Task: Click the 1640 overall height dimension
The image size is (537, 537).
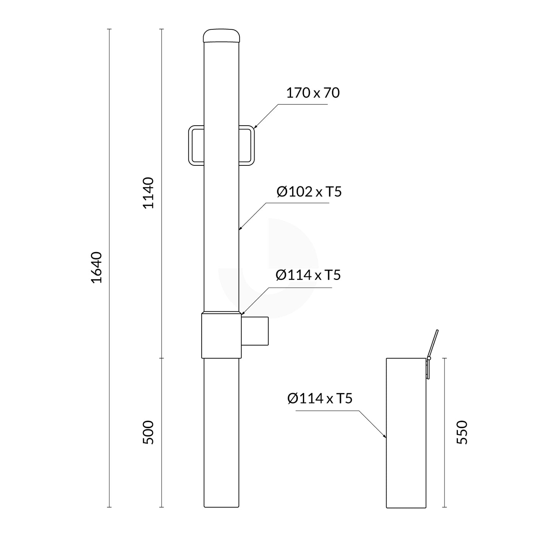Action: (x=97, y=267)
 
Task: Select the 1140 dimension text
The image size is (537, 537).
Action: (x=148, y=193)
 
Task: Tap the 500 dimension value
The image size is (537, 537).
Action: (x=148, y=432)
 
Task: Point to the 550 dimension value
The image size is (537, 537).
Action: (x=462, y=432)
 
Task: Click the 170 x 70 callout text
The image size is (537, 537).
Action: (x=312, y=93)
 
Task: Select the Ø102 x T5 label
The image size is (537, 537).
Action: (x=309, y=192)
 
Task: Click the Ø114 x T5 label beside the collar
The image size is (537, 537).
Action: (x=308, y=275)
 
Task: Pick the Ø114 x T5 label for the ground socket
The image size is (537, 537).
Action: (x=319, y=399)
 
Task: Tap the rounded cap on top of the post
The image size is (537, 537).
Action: (x=222, y=36)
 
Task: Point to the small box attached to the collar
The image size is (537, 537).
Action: (x=255, y=331)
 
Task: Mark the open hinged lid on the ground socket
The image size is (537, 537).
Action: (x=433, y=344)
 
